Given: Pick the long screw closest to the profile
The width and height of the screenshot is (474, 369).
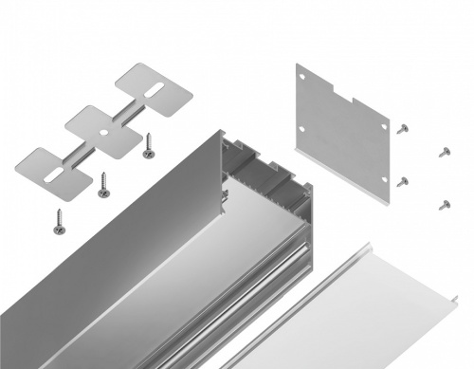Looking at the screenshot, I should click(148, 145).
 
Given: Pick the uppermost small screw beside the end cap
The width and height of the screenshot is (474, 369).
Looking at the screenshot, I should click(403, 127).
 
